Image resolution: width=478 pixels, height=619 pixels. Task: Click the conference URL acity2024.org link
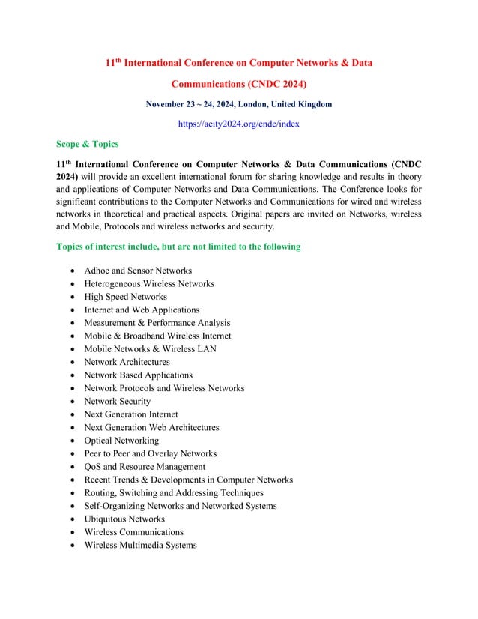coord(238,124)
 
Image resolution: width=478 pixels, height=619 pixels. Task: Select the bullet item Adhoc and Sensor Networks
coord(138,271)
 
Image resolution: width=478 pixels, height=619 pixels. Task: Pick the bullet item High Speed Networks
coord(126,297)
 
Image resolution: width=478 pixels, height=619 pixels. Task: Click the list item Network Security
coord(118,401)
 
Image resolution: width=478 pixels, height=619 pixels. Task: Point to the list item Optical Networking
coord(121,441)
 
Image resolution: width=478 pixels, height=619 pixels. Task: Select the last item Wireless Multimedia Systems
coord(140,545)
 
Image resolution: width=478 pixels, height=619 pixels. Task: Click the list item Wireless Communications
coord(133,532)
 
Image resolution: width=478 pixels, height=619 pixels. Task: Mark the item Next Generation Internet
coord(131,414)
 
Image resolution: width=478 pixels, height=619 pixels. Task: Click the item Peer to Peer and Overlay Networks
coord(151,453)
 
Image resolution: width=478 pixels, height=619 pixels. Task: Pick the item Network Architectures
coord(127,362)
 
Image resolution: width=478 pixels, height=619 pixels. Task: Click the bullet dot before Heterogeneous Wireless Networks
coord(70,284)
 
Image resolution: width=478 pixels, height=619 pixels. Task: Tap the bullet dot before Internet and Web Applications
coord(70,310)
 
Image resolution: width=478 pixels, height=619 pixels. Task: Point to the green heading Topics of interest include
coord(178,247)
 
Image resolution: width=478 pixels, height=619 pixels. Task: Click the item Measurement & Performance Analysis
coord(157,323)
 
